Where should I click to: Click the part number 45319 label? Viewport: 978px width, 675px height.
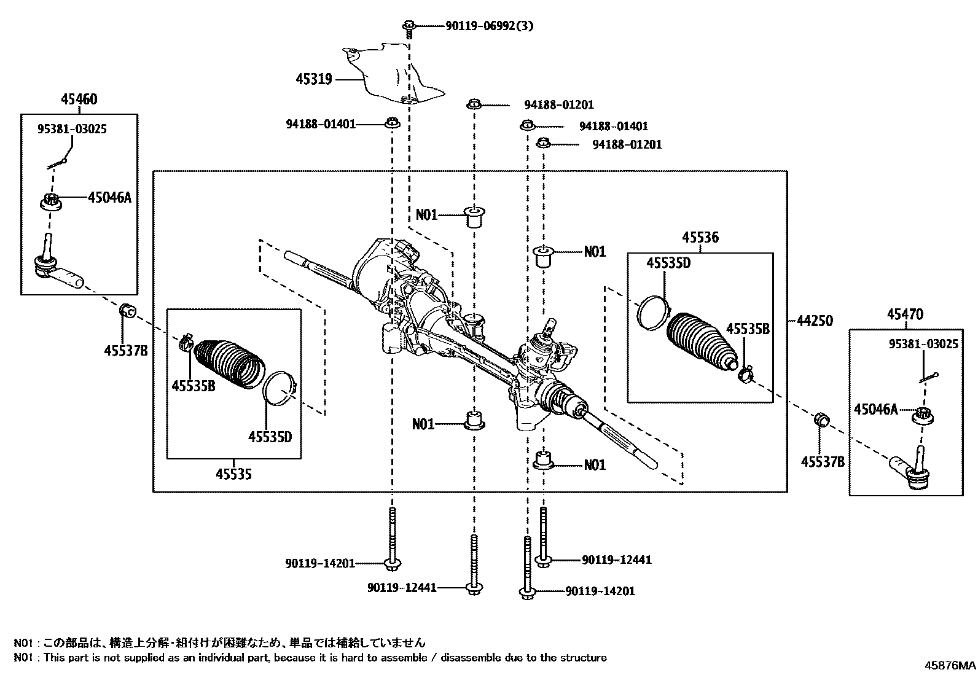tap(313, 79)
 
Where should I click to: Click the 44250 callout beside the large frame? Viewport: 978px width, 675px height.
tap(815, 321)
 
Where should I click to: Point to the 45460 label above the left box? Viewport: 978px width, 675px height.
tap(79, 99)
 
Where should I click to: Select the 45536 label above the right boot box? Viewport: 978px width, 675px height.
tap(700, 238)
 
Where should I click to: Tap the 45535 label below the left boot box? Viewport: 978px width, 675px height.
tap(233, 474)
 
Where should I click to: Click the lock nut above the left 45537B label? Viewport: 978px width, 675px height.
tap(127, 311)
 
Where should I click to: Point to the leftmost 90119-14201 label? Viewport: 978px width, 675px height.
tap(320, 563)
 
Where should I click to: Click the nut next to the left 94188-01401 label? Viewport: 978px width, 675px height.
tap(392, 124)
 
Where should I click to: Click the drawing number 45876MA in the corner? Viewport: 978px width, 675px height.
tap(950, 665)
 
